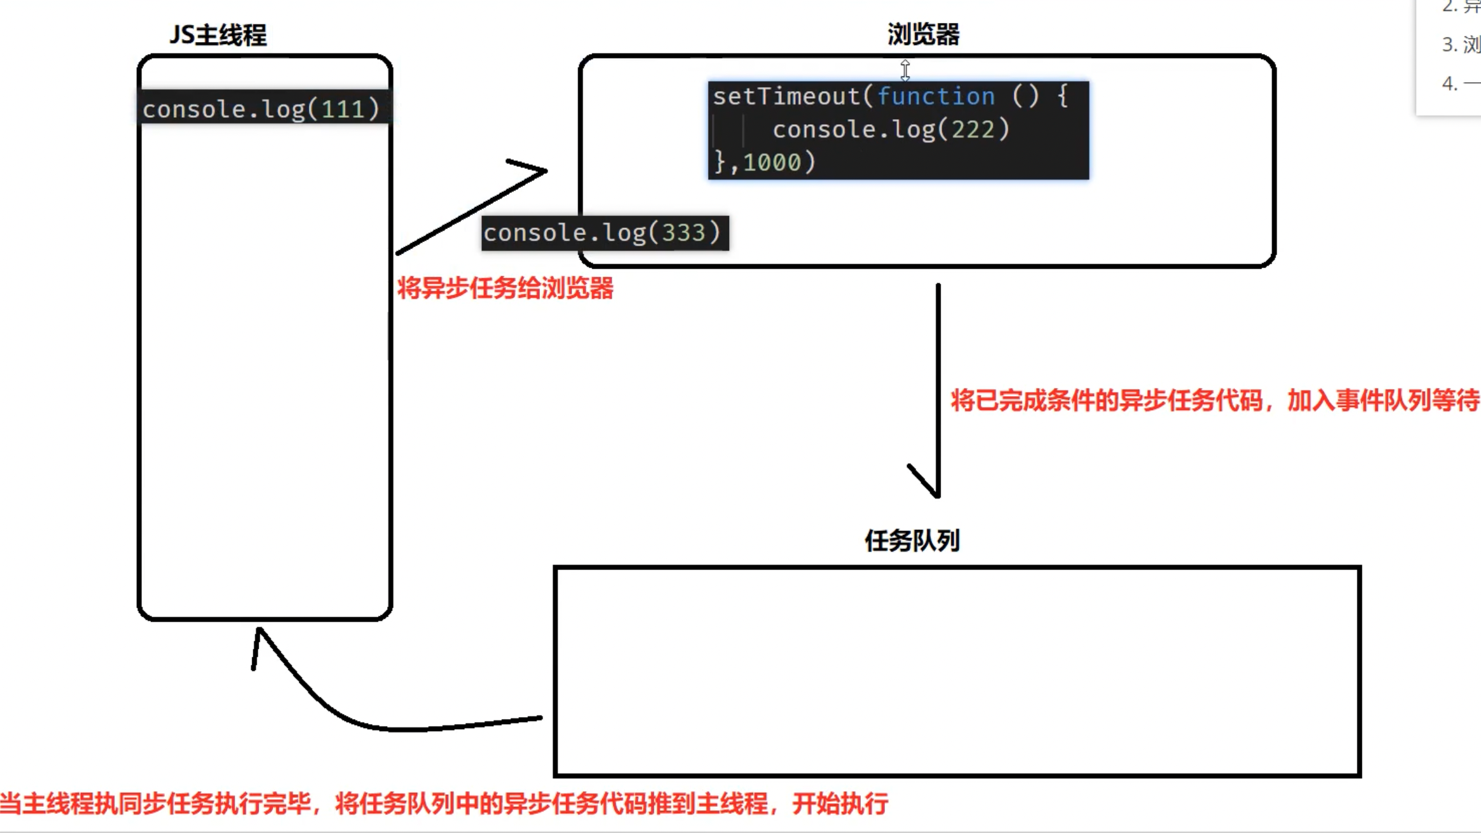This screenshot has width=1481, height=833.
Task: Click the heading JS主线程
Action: coord(218,35)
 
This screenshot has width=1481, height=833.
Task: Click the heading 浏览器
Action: coord(923,34)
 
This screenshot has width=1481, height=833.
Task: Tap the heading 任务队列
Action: coord(912,541)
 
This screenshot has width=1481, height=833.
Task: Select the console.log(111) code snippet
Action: coord(261,109)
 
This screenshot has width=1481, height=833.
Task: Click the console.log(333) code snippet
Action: coord(604,232)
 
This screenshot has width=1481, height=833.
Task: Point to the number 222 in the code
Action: coord(973,130)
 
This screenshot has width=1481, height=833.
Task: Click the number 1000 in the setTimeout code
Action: coord(772,162)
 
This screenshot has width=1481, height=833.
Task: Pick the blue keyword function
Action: coord(936,96)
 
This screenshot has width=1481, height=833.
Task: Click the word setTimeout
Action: coord(786,96)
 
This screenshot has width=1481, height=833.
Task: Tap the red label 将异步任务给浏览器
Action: coord(505,288)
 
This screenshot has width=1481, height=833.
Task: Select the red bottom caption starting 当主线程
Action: coord(443,804)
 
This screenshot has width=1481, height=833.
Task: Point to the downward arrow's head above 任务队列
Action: coord(935,490)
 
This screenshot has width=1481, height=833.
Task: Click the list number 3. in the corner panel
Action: coord(1450,45)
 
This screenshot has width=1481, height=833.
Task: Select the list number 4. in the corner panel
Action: coord(1450,83)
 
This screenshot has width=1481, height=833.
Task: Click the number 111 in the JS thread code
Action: coord(343,110)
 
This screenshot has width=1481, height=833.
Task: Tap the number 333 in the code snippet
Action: coord(684,233)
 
